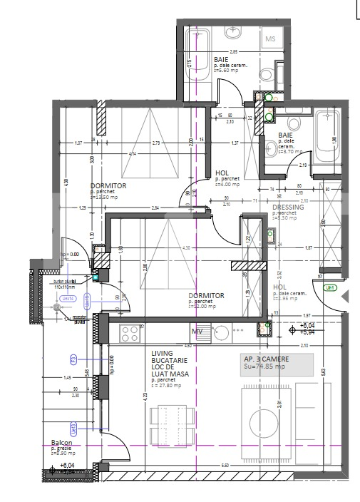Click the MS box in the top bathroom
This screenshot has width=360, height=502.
[x=271, y=39]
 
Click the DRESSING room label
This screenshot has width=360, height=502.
[x=288, y=208]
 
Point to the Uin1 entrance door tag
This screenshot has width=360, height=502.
[x=329, y=288]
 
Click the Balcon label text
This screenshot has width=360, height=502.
[x=61, y=442]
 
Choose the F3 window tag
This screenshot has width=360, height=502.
[x=72, y=359]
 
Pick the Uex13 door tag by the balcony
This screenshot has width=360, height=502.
[x=73, y=428]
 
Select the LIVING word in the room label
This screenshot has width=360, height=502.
[x=163, y=353]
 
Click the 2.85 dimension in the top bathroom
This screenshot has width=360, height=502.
[x=233, y=53]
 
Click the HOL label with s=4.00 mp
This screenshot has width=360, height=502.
[x=222, y=173]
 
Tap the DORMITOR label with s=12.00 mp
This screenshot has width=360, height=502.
[x=206, y=295]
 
